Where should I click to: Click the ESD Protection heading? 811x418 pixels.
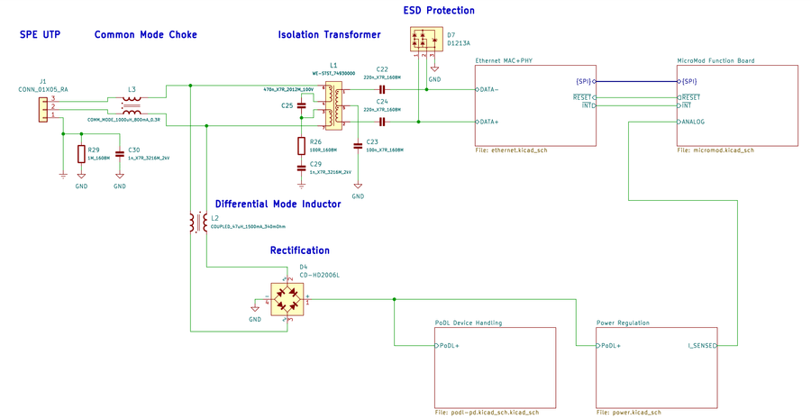[x=438, y=11]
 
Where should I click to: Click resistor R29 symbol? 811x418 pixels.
[x=81, y=153]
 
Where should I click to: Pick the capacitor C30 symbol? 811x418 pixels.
[x=120, y=153]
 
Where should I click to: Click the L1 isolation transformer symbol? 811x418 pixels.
[x=333, y=105]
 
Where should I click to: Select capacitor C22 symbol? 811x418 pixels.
[x=382, y=89]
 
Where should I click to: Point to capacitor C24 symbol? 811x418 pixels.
[x=382, y=122]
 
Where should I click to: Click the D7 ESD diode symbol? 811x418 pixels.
[x=422, y=40]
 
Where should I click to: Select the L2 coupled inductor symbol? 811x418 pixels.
[x=197, y=222]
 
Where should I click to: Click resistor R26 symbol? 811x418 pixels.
[x=302, y=145]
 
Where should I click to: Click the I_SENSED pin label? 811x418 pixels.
[x=701, y=345]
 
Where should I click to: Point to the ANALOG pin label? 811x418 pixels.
[x=693, y=122]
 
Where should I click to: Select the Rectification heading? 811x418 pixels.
[x=299, y=250]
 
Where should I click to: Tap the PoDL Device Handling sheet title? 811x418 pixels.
[x=468, y=323]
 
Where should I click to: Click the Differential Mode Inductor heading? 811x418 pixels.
[x=278, y=204]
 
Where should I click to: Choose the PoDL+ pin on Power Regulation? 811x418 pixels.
[x=610, y=345]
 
